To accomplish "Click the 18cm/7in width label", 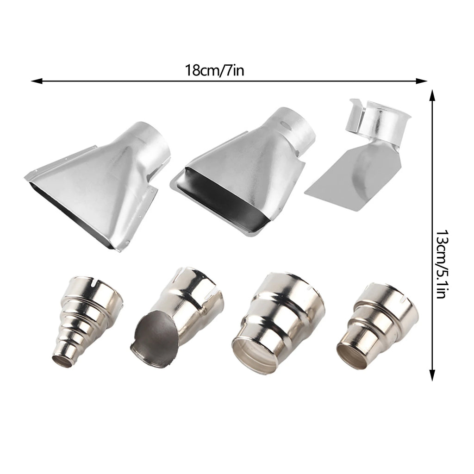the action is tap(214, 71).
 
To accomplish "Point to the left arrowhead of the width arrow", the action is tap(37, 81).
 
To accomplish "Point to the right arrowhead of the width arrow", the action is tap(421, 81).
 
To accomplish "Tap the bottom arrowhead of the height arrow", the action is tap(432, 375).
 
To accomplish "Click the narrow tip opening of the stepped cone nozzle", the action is tap(62, 361).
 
